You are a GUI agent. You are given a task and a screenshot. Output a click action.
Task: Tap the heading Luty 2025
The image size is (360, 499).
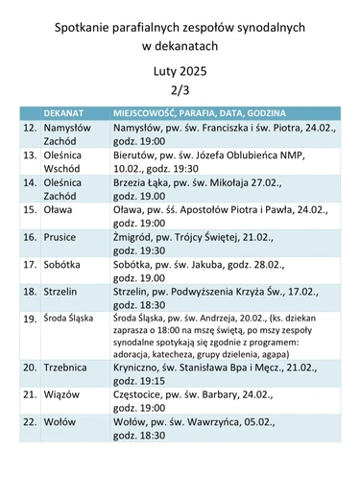pyautogui.click(x=180, y=71)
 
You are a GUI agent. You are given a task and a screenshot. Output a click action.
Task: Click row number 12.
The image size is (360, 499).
pyautogui.click(x=30, y=127)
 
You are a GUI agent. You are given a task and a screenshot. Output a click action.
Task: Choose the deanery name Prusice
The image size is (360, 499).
pyautogui.click(x=62, y=236)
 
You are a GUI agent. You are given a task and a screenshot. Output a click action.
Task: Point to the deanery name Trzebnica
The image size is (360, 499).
pyautogui.click(x=68, y=367)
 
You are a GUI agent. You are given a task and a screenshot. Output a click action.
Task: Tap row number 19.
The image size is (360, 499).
pyautogui.click(x=30, y=318)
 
